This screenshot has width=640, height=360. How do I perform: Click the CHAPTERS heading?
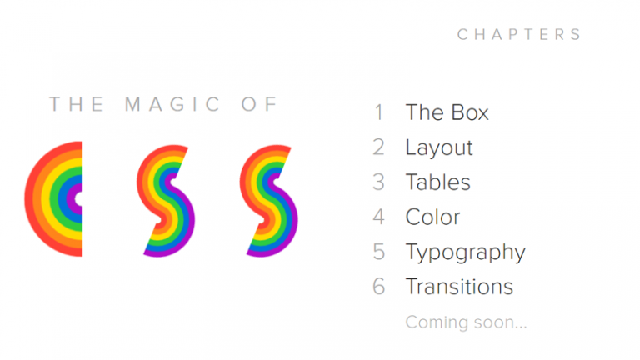(x=519, y=34)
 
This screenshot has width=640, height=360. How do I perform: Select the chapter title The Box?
(x=447, y=112)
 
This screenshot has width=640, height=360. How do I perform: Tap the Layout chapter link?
(x=439, y=147)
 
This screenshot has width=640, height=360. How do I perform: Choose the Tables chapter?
(x=437, y=182)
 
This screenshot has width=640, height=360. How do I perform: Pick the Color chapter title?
(x=432, y=217)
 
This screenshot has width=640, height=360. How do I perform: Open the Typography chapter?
(x=465, y=252)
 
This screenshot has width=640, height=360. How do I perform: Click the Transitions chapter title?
(x=459, y=287)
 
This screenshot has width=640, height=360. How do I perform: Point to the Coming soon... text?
(x=466, y=322)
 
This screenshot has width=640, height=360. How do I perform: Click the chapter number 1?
(x=379, y=112)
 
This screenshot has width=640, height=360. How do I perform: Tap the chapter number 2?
(x=379, y=147)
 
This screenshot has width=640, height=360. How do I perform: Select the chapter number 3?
(x=379, y=182)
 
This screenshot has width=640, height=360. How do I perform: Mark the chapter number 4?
(x=379, y=217)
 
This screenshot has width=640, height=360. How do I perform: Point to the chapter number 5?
(x=379, y=252)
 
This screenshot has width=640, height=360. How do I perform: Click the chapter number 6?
(x=379, y=287)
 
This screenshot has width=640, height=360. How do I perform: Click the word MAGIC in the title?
(x=173, y=104)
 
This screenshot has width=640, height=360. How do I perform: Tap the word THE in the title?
(x=77, y=104)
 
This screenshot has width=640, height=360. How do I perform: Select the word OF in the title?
(x=260, y=104)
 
